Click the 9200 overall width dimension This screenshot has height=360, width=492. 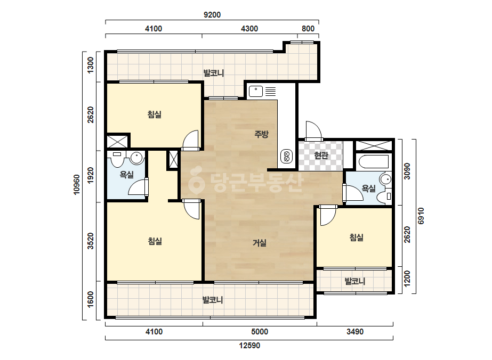[x=212, y=15]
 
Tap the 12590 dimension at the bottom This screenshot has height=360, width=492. [x=249, y=346]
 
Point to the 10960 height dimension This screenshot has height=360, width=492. [x=77, y=185]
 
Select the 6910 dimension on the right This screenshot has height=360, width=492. [x=421, y=216]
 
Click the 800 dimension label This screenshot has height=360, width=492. [x=308, y=29]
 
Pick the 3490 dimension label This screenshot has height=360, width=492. [x=355, y=332]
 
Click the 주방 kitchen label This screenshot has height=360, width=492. [x=261, y=134]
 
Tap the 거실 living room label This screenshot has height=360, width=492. [x=260, y=243]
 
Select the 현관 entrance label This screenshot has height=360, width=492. [x=321, y=155]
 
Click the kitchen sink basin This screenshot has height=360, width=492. [x=256, y=92]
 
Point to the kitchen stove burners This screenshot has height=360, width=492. [x=286, y=156]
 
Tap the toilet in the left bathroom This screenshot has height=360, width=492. [x=117, y=160]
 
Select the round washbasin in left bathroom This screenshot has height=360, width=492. [x=137, y=158]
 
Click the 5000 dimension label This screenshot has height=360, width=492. [x=260, y=332]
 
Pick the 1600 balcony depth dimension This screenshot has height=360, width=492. [x=91, y=299]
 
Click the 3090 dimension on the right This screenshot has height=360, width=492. [x=407, y=171]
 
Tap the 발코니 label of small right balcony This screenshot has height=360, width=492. [x=355, y=281]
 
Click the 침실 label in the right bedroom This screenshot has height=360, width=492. [x=357, y=238]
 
